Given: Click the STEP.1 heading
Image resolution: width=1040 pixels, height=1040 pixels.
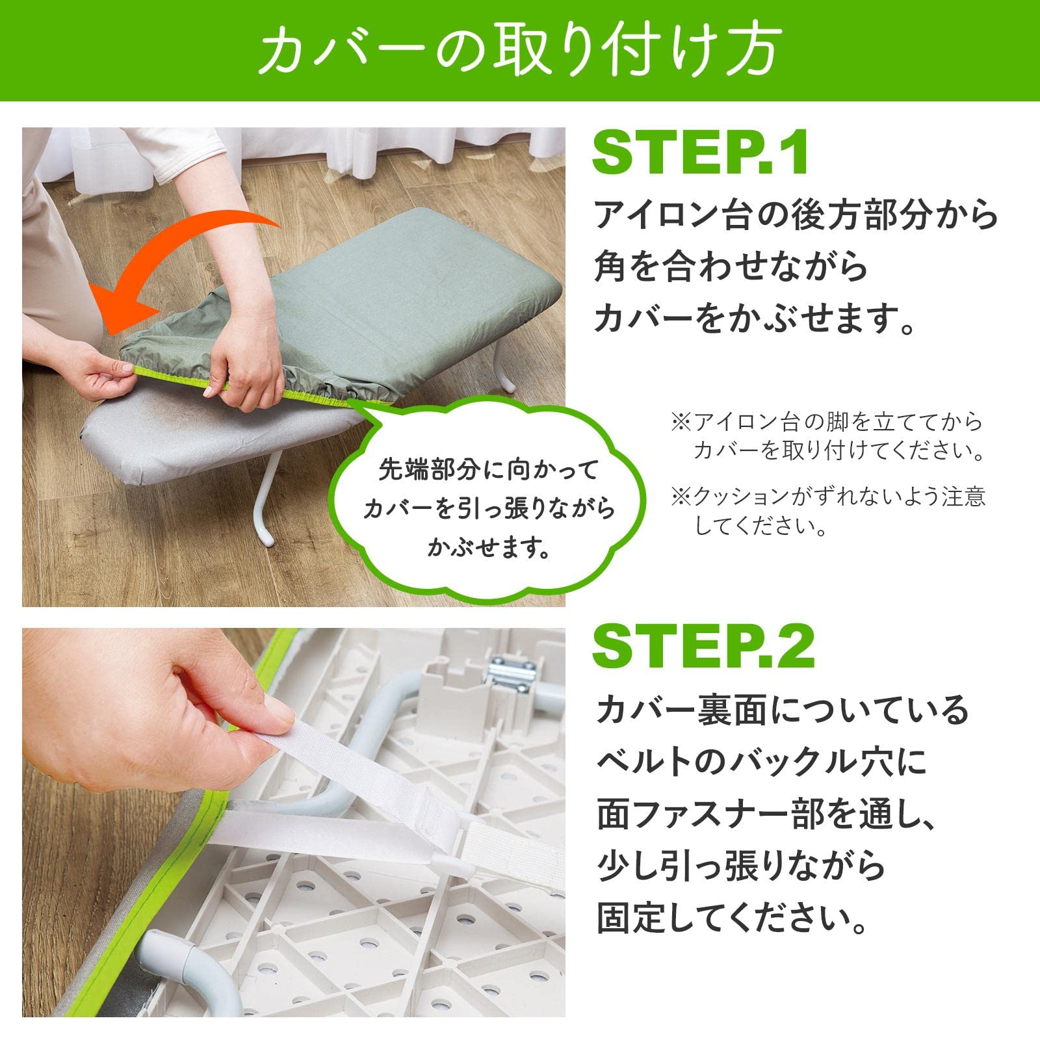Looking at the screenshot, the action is (701, 153).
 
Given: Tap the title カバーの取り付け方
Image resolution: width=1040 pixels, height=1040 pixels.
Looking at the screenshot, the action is (518, 50).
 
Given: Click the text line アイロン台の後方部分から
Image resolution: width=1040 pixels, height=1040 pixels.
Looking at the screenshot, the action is (796, 215).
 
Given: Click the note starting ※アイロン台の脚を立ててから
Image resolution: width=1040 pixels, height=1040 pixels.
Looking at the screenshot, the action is (827, 436).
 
